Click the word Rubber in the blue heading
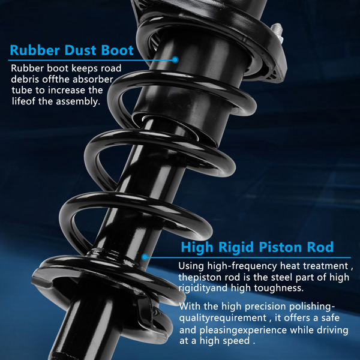click(35, 50)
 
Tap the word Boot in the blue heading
click(118, 50)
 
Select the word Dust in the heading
click(80, 50)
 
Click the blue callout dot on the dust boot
click(175, 59)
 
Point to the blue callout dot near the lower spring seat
click(145, 257)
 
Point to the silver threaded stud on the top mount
click(277, 33)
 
